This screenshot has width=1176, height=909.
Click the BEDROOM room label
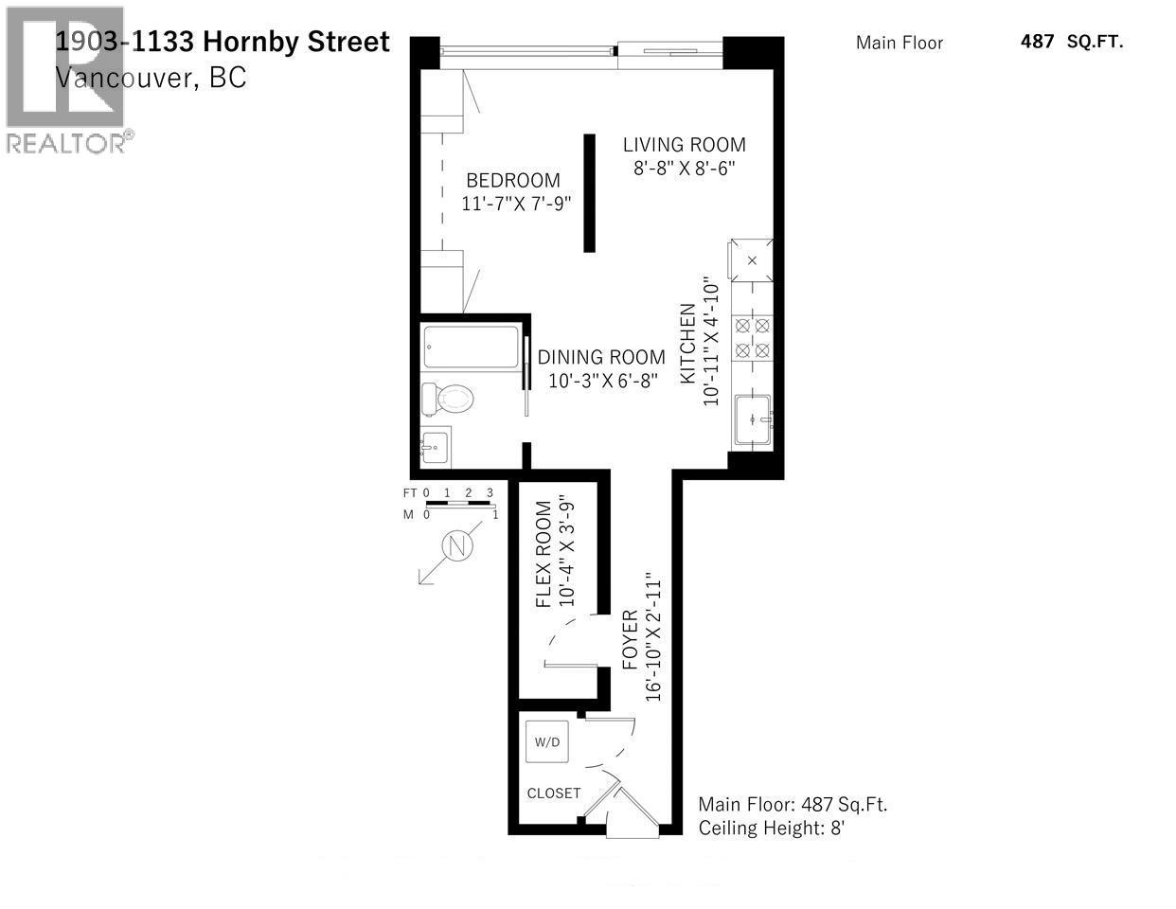point(512,180)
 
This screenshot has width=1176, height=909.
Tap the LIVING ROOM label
point(684,145)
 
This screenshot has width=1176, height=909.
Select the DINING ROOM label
point(601,357)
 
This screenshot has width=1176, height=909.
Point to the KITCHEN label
point(688,343)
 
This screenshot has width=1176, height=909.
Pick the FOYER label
point(632,640)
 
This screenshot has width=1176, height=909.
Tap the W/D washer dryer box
point(547,742)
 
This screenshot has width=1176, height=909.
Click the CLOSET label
point(554,793)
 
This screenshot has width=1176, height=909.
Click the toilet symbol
point(447,398)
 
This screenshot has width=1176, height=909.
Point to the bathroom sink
point(436,446)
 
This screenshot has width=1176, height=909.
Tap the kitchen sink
point(753,419)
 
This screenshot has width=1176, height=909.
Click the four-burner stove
point(753,338)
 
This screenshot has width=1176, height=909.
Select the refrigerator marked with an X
point(752,259)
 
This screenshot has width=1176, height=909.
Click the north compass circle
point(457,546)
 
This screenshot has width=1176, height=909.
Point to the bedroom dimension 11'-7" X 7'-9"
point(516,204)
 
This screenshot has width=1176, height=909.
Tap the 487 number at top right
point(1037,41)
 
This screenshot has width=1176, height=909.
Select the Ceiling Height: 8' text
point(771,829)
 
